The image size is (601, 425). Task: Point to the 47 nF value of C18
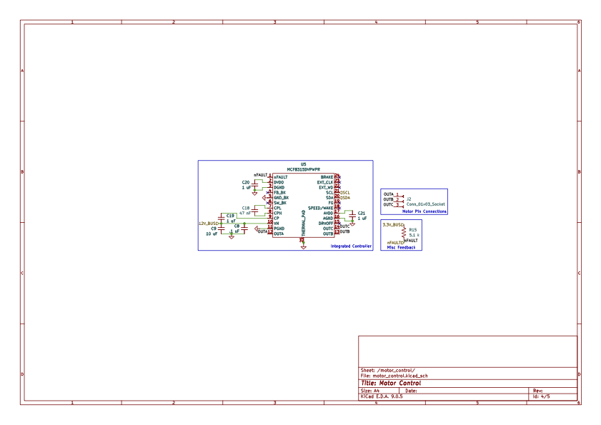244,213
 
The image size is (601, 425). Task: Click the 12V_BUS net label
208,224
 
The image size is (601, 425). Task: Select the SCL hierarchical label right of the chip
345,193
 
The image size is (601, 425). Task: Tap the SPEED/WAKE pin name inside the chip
320,208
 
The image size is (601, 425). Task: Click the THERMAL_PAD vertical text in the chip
304,223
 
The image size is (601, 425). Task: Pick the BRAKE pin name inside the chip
327,176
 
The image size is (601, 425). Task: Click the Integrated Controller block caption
351,246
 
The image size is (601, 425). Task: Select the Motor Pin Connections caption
424,211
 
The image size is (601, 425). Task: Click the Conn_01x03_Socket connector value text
425,204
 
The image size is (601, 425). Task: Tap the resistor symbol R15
404,232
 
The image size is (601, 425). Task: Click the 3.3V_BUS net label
393,224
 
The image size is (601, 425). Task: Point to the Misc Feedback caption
401,247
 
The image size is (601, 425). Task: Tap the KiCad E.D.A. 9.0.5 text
382,396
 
